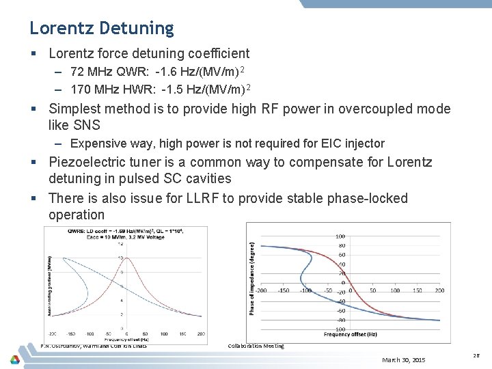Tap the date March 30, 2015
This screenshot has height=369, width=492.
tap(403, 359)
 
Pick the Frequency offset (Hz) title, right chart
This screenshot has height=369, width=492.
tap(350, 334)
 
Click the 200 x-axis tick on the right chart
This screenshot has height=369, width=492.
tap(439, 290)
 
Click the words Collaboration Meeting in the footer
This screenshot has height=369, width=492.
tap(256, 346)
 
